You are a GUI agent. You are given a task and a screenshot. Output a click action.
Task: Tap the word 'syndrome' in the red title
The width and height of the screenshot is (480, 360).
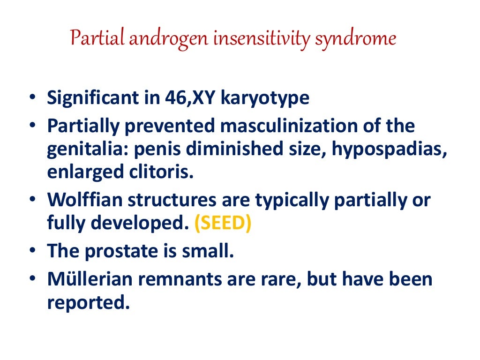pos(355,38)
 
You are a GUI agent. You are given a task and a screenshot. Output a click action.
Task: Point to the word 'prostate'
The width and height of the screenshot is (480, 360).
pos(121,252)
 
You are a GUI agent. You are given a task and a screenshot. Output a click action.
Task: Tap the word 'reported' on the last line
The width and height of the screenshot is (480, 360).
pos(87,303)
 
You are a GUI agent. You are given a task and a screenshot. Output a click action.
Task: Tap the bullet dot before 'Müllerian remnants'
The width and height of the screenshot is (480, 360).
pos(31,280)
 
